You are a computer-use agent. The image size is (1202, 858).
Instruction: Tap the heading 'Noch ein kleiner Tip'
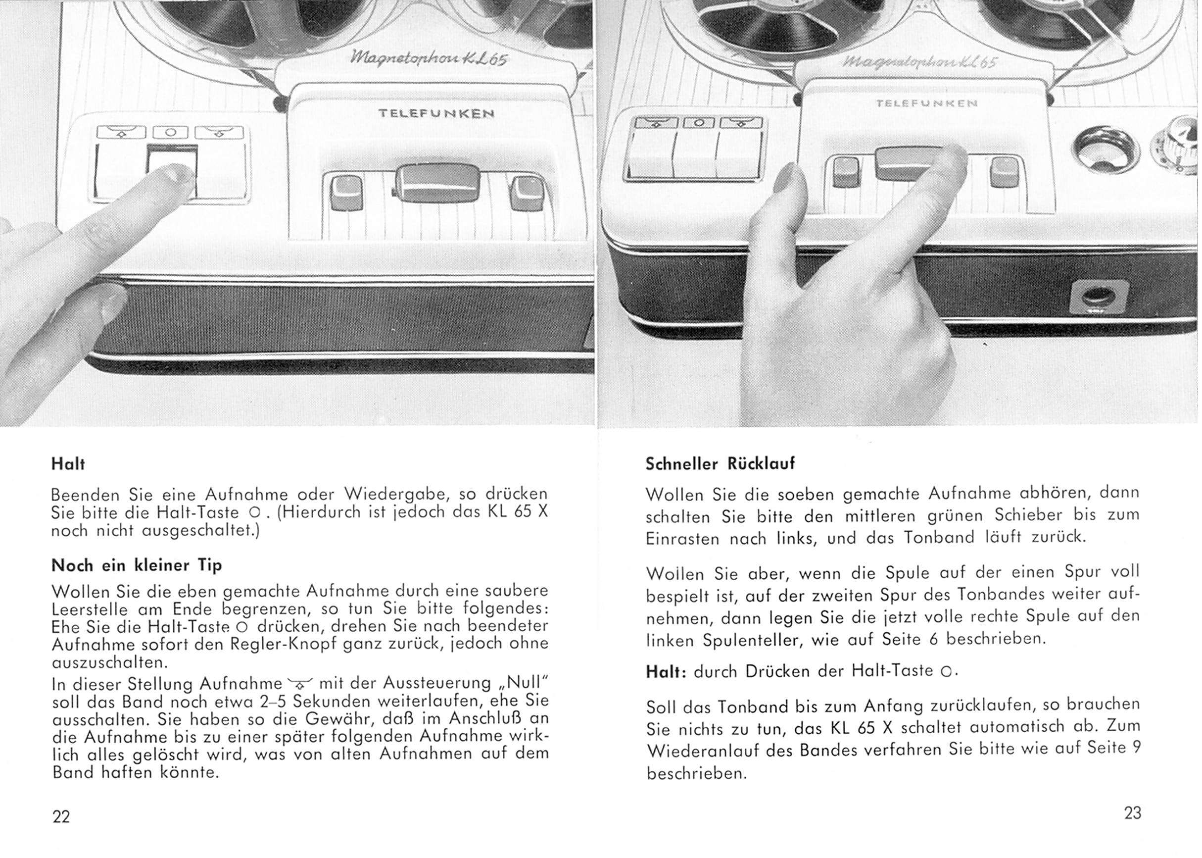[x=137, y=565]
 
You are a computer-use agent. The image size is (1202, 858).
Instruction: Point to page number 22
[x=61, y=816]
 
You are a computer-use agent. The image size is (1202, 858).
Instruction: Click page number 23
[x=1133, y=812]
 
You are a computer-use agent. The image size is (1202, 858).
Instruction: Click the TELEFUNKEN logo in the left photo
[x=436, y=113]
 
